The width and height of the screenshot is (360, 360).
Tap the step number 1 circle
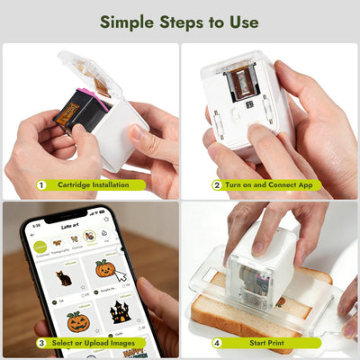click(41, 185)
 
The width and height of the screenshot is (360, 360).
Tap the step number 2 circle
click(217, 185)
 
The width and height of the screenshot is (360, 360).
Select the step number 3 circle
click(41, 343)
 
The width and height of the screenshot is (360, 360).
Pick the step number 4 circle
click(217, 343)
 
